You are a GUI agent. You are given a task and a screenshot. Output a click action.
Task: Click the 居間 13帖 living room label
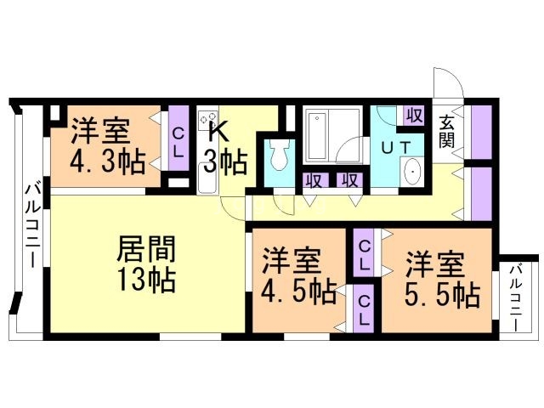pyautogui.click(x=145, y=263)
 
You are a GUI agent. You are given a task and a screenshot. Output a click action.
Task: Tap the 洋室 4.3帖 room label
pyautogui.click(x=105, y=144)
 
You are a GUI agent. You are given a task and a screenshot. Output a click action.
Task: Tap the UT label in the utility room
pyautogui.click(x=396, y=146)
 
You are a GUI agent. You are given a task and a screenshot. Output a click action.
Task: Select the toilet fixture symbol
pyautogui.click(x=278, y=156)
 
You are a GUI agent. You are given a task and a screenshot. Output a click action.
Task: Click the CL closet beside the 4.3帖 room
pyautogui.click(x=178, y=141)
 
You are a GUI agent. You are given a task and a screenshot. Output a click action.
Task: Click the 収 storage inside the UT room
pyautogui.click(x=414, y=115)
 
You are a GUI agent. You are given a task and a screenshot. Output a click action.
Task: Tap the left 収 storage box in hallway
pyautogui.click(x=313, y=180)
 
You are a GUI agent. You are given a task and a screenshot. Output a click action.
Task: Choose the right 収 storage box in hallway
pyautogui.click(x=348, y=180)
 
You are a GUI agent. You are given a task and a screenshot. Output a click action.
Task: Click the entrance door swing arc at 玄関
pyautogui.click(x=448, y=82)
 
